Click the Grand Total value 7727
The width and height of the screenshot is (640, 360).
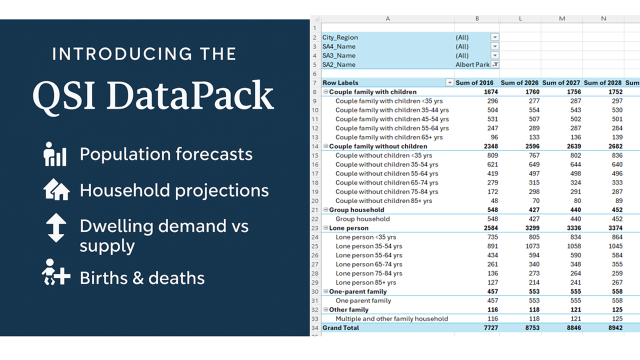coord(490,327)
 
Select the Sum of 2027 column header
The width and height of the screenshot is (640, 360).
coord(561,82)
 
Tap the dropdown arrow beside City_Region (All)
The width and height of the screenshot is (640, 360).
coord(495,37)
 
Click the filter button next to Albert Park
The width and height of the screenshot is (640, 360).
coord(495,64)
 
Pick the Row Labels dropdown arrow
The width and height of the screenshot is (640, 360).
coord(449,82)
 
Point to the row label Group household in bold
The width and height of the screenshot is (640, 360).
coord(356,209)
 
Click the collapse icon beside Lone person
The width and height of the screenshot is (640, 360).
coord(325,227)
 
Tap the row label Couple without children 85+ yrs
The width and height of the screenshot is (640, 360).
coord(383,200)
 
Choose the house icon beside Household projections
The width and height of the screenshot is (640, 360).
coord(56,189)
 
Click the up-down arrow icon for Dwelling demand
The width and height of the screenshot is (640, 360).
coord(56,227)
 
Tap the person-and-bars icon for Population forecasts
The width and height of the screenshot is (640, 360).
coord(55,154)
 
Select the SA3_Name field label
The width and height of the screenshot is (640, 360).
coord(339,55)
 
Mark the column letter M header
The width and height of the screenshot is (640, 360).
coord(561,18)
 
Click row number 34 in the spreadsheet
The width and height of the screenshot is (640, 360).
coord(315,327)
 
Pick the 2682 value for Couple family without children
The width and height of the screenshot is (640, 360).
coord(615,146)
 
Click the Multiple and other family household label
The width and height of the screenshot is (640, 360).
coord(391,318)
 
